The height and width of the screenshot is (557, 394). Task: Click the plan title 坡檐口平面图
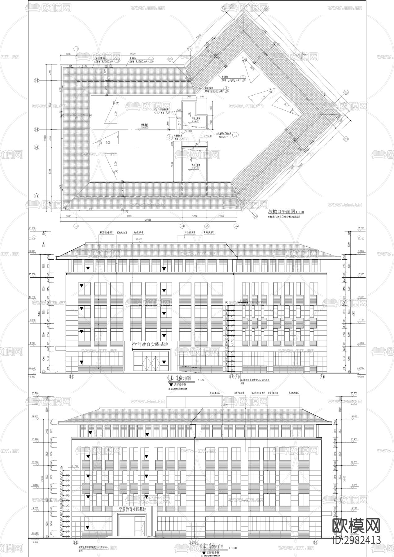tap(281, 212)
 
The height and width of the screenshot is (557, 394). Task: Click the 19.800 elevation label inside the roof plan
tap(144, 127)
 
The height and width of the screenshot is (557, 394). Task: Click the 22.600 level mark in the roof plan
tap(188, 131)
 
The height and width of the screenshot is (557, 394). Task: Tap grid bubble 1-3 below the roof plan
tap(182, 226)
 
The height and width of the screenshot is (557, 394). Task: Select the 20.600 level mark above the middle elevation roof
tap(138, 240)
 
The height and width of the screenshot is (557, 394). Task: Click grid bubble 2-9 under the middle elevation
tap(322, 376)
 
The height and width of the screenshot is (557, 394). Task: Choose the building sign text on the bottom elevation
tap(132, 509)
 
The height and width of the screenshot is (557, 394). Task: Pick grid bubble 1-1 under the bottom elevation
tap(75, 542)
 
